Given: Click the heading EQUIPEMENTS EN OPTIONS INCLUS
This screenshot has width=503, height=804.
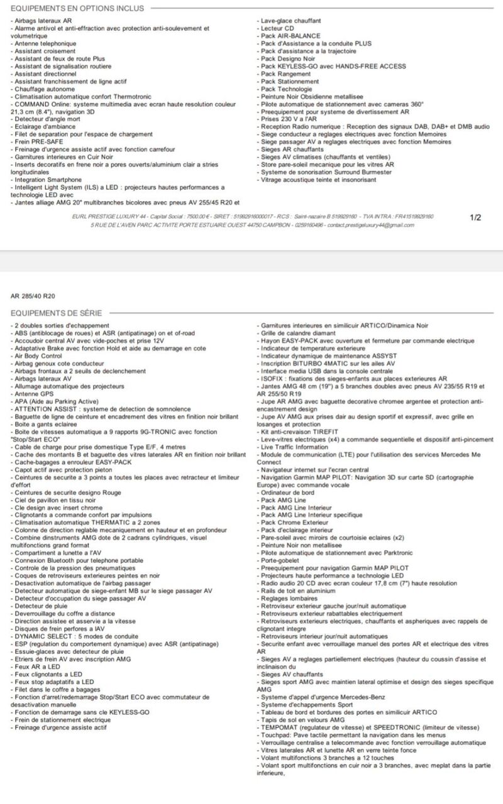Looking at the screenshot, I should [77, 8].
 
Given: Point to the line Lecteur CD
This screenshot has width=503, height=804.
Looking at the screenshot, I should [277, 28].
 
